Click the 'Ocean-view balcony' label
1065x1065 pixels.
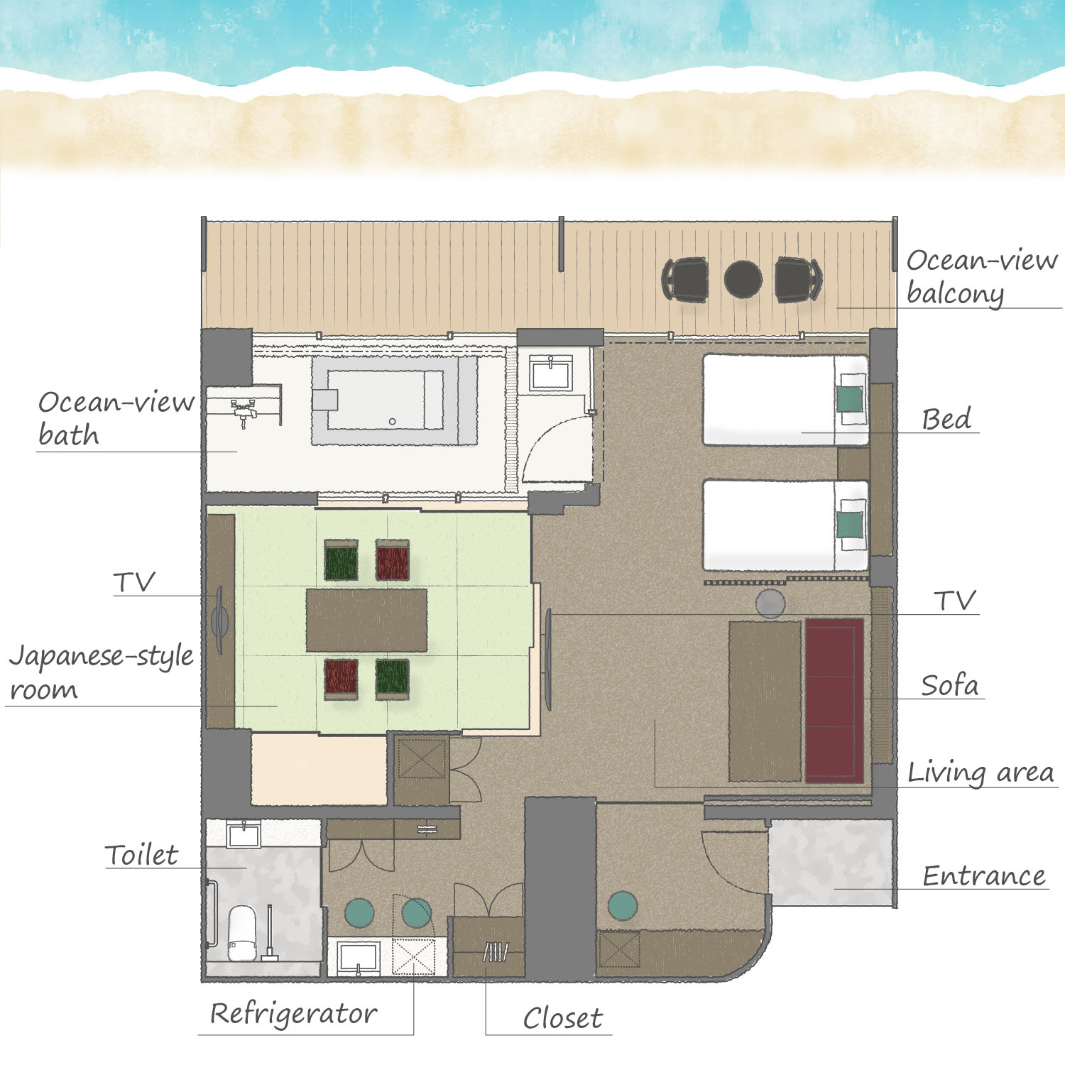click(982, 277)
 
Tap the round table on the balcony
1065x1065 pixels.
click(743, 279)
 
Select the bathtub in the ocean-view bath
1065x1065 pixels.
click(394, 400)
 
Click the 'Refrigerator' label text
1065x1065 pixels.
click(293, 1013)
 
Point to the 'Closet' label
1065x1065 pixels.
click(562, 1018)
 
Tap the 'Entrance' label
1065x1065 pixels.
click(984, 876)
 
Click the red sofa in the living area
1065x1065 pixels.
click(834, 700)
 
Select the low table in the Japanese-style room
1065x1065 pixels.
click(366, 620)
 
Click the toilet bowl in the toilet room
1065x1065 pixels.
click(242, 932)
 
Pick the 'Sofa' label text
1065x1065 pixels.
click(949, 685)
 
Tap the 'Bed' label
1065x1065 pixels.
click(946, 419)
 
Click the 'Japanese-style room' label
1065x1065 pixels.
click(101, 672)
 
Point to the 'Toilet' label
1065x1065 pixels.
click(141, 855)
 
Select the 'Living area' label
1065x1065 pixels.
click(981, 772)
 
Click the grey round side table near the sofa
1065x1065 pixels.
click(770, 603)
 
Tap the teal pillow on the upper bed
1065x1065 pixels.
click(850, 399)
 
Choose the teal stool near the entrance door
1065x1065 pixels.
click(623, 906)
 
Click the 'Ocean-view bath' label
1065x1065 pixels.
click(116, 419)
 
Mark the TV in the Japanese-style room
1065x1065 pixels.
click(220, 621)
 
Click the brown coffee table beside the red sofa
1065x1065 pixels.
click(765, 701)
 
